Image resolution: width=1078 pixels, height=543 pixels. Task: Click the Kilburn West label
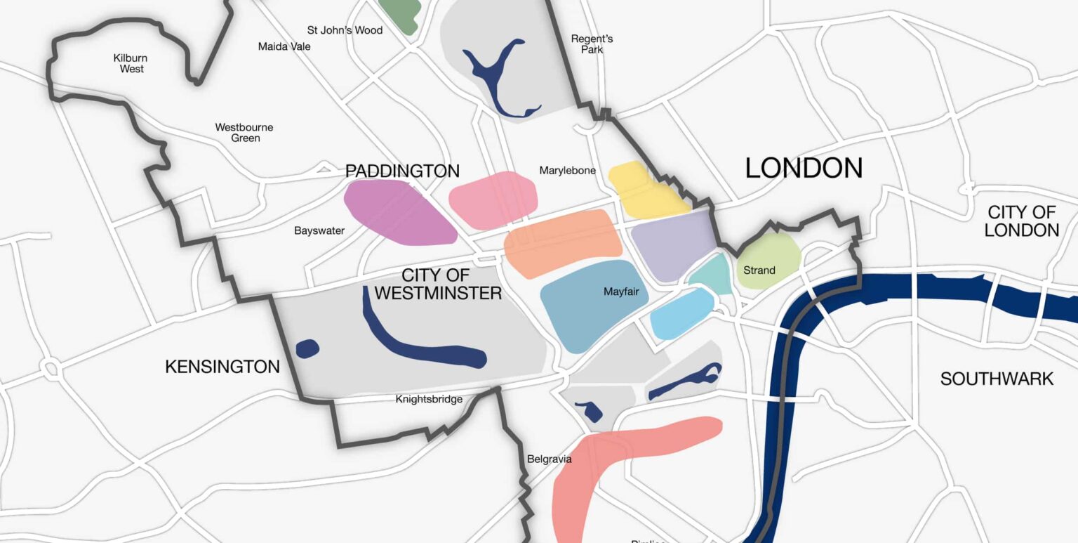131,63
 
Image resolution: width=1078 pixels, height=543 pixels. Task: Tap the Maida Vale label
284,46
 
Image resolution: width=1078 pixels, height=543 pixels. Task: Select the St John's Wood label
345,30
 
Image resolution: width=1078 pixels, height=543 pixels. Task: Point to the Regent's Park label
592,44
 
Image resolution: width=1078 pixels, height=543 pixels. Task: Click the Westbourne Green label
244,133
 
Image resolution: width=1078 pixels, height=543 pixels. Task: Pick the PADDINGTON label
402,171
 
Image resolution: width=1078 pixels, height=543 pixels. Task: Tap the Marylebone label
567,171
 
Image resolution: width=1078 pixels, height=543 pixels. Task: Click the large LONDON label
804,169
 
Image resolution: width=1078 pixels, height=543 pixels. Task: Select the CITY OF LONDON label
1021,221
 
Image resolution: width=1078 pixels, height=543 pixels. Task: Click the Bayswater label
319,230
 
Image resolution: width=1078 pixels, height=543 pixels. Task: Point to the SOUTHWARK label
997,379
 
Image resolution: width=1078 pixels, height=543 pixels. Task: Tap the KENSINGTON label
222,366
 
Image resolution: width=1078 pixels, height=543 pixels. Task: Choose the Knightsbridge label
429,399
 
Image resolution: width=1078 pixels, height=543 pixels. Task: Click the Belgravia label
549,459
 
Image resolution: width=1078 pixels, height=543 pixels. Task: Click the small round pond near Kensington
307,348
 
